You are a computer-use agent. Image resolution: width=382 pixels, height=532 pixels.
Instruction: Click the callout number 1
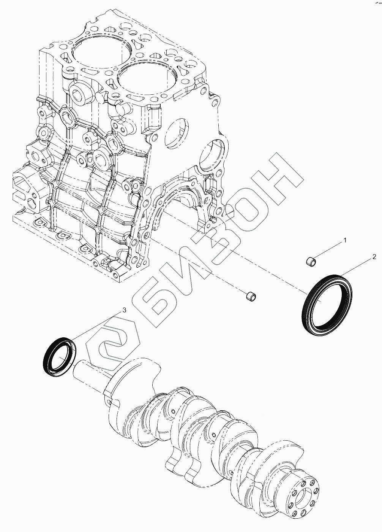coord(345,240)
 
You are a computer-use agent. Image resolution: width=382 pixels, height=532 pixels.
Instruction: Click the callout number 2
coord(374,257)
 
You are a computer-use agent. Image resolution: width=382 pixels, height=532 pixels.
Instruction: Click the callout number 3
coord(124,310)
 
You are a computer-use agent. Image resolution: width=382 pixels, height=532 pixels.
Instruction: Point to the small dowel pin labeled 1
coord(311,262)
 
